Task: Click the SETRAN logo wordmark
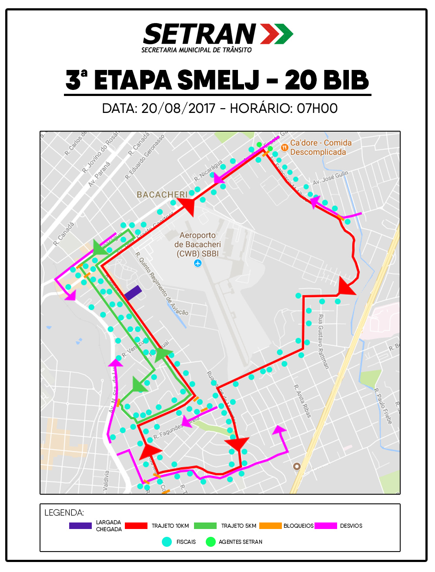pos(200,34)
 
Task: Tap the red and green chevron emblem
pos(277,34)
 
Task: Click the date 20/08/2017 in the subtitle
pos(178,108)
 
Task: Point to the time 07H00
pos(317,108)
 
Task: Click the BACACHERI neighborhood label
pos(162,195)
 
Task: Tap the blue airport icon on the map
pos(198,263)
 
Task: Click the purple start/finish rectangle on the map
pos(133,293)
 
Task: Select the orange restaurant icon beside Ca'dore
pos(284,148)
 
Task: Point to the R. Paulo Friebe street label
pos(383,406)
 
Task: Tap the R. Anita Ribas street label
pos(303,401)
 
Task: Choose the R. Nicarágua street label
pos(208,172)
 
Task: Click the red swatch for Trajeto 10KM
pos(136,526)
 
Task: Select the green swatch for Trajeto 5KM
pos(205,526)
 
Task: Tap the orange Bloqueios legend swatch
pos(270,526)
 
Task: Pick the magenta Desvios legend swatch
pos(326,526)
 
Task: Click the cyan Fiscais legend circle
pos(167,542)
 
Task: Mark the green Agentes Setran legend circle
pos(211,542)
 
